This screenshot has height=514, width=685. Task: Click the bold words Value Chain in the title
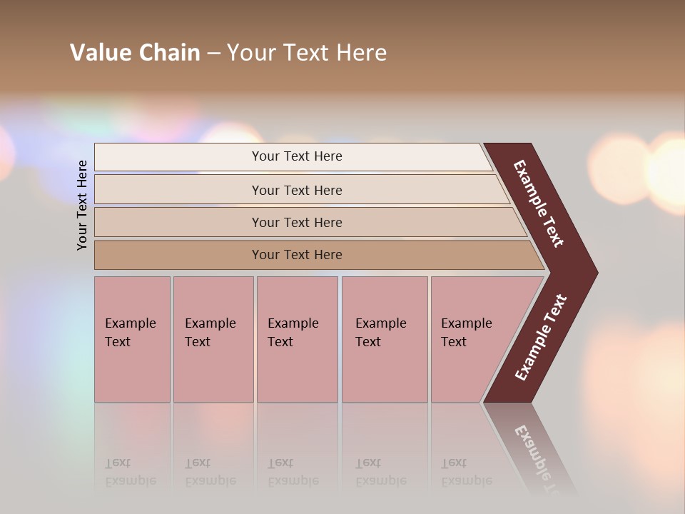point(135,53)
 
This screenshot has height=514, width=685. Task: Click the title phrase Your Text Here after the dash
point(307,53)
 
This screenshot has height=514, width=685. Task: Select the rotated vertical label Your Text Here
point(83,205)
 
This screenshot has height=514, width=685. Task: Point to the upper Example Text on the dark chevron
point(539,203)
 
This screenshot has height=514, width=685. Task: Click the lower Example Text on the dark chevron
point(541,338)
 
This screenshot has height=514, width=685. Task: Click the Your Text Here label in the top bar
point(297,156)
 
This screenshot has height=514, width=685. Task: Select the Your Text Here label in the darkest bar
point(297,255)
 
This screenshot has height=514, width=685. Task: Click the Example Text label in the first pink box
point(130,333)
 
